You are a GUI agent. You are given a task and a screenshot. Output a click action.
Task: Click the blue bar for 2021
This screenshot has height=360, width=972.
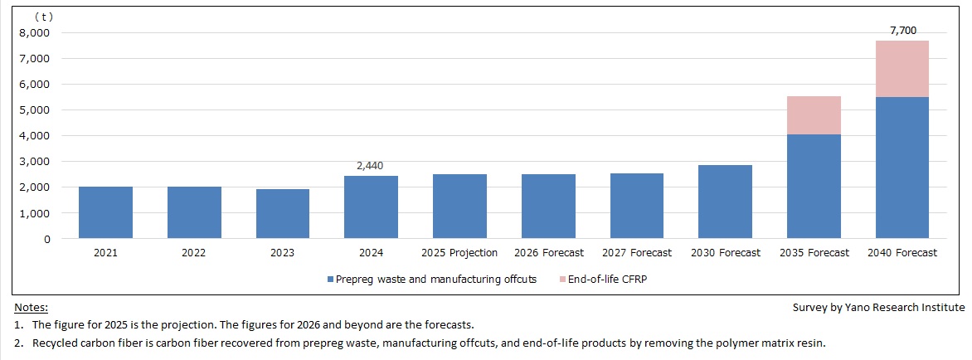pyautogui.click(x=105, y=212)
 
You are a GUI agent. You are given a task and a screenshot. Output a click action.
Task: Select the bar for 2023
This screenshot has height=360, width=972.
pyautogui.click(x=283, y=214)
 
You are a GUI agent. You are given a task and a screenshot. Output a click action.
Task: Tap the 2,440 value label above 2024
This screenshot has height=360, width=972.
pyautogui.click(x=371, y=166)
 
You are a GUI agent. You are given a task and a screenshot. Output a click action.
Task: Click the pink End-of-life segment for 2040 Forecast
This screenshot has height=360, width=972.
pyautogui.click(x=902, y=69)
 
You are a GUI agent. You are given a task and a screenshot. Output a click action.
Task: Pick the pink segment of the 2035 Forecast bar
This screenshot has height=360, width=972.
pyautogui.click(x=814, y=115)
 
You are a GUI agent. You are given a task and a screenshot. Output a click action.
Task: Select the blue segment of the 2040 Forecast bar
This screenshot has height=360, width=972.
pyautogui.click(x=902, y=168)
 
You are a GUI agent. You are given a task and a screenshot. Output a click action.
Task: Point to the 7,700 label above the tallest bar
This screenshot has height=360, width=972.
pyautogui.click(x=902, y=31)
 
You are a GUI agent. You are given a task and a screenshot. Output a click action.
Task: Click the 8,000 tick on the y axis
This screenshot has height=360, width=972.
pyautogui.click(x=34, y=33)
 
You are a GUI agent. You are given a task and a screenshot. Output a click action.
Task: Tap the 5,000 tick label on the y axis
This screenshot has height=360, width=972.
pyautogui.click(x=34, y=110)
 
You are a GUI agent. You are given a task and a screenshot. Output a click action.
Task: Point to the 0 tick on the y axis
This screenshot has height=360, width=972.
pyautogui.click(x=46, y=239)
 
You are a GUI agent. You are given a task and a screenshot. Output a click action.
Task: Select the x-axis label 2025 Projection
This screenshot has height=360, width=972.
pyautogui.click(x=459, y=253)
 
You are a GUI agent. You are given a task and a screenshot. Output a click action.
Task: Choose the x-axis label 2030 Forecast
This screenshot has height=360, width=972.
pyautogui.click(x=725, y=253)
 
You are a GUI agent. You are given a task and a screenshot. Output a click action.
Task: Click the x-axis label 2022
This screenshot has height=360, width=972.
pyautogui.click(x=194, y=253)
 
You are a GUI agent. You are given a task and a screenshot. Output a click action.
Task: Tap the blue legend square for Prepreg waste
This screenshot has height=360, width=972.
pyautogui.click(x=330, y=280)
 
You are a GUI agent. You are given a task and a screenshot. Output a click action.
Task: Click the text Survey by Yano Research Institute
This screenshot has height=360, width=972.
pyautogui.click(x=878, y=308)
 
